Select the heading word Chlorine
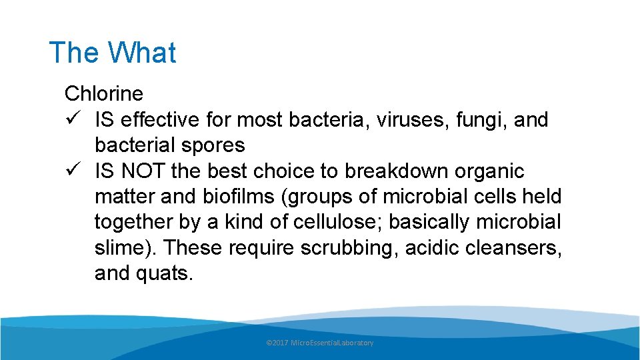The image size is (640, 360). [x=103, y=94]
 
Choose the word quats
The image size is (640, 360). [x=167, y=273]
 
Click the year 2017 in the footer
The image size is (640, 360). [x=281, y=343]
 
